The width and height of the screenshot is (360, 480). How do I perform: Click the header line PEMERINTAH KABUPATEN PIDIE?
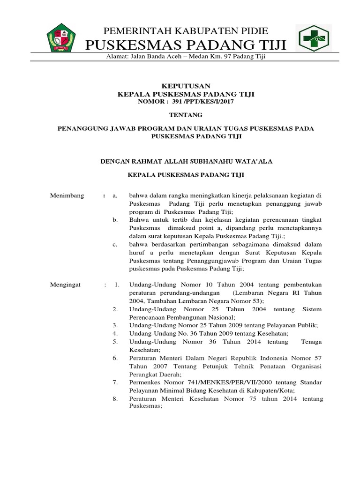(186, 31)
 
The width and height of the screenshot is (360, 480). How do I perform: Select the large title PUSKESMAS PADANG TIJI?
(186, 46)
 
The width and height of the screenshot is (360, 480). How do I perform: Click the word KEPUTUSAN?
(186, 86)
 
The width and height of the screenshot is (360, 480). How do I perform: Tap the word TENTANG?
(186, 114)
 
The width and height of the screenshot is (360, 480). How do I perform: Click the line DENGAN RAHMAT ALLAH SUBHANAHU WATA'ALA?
(187, 161)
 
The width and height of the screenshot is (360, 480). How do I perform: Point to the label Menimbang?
(67, 195)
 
